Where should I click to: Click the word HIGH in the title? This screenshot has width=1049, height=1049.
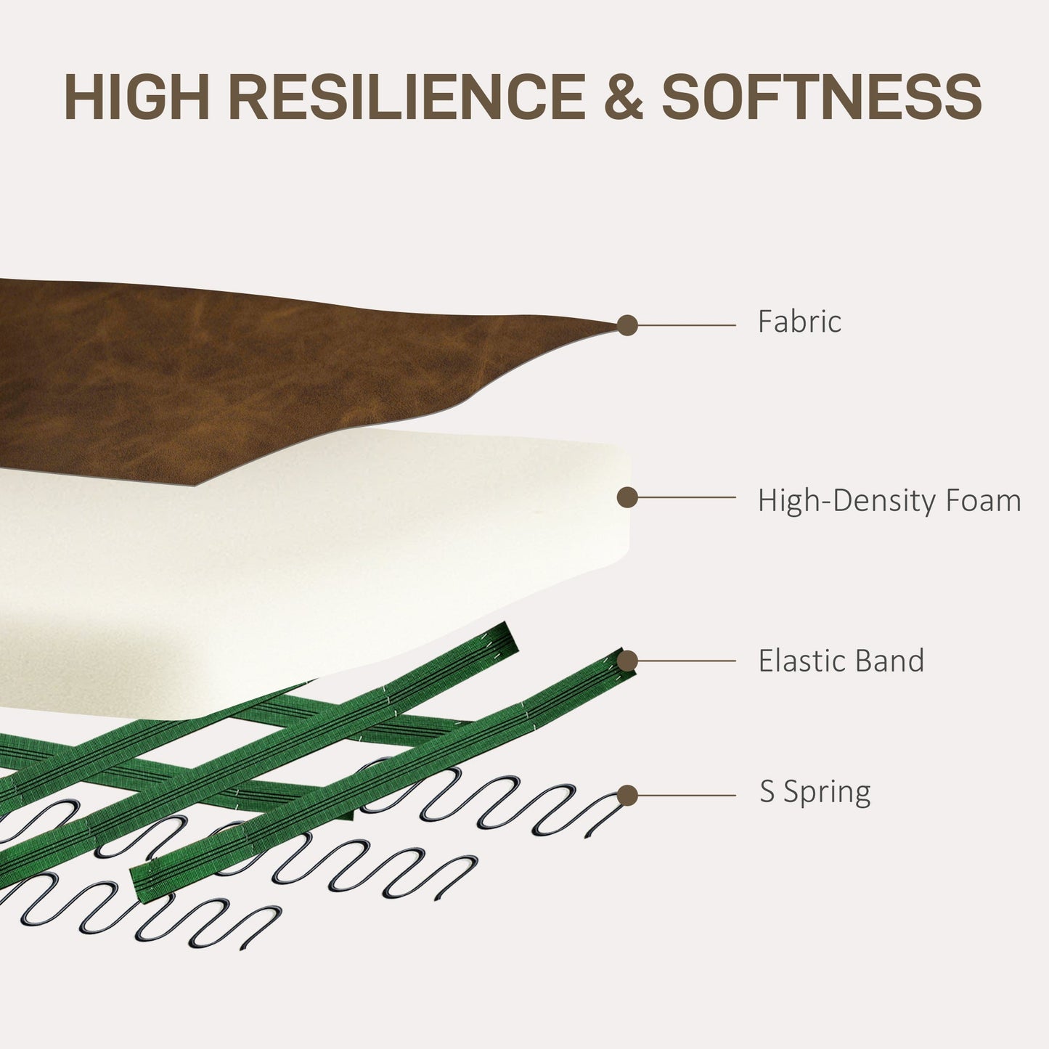(136, 97)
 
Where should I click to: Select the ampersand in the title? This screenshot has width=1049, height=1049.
(623, 97)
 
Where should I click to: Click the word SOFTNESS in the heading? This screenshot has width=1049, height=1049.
(822, 97)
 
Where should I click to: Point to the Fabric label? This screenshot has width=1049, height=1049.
(800, 321)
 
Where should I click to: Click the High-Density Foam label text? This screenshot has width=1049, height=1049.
(889, 500)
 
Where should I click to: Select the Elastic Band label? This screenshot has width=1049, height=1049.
(841, 661)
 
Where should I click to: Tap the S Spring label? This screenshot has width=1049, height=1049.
(815, 792)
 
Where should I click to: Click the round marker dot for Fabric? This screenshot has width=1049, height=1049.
(627, 325)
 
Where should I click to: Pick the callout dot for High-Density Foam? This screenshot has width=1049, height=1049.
(627, 497)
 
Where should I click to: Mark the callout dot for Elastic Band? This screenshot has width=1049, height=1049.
(627, 661)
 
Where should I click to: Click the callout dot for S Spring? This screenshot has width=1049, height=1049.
(627, 796)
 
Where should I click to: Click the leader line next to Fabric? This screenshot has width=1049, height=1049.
(687, 325)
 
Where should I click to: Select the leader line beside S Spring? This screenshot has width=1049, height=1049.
(687, 796)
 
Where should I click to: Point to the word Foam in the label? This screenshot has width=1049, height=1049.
(983, 500)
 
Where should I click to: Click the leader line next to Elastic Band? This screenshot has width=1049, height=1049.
(687, 661)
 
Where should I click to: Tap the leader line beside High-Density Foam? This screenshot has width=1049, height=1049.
(687, 497)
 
